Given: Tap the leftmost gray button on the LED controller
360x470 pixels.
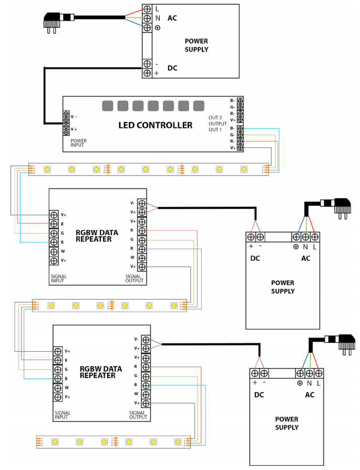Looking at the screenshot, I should [107, 106].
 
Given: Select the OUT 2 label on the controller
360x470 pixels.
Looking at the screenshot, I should [216, 117].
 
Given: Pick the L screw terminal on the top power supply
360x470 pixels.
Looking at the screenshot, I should [147, 9].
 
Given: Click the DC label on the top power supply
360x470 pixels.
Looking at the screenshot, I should [172, 68].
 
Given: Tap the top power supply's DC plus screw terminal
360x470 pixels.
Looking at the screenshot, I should [147, 73].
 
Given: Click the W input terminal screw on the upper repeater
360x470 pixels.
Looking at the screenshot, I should [54, 251].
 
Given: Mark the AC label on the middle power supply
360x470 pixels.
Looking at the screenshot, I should [305, 258].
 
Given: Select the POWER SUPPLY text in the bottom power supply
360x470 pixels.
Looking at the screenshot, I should [286, 423].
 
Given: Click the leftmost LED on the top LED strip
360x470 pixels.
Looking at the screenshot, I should [47, 169].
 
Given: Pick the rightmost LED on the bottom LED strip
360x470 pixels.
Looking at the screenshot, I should [178, 441].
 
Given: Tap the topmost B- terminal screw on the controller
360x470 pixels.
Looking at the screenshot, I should [240, 100].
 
